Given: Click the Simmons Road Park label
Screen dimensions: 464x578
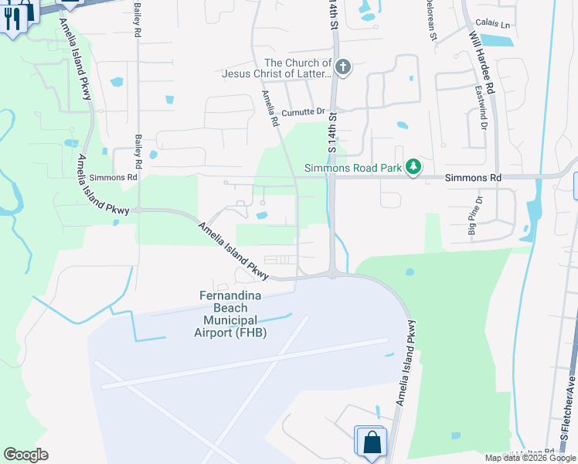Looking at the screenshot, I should coord(354,167).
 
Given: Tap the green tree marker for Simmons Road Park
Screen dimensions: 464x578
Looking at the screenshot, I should coord(414,167).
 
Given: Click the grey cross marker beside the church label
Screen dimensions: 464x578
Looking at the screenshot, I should coord(343,68).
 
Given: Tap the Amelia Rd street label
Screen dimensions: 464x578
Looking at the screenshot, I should coord(269,107).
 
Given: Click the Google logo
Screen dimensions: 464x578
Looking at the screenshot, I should coord(25,455).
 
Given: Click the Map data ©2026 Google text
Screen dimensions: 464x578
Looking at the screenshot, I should coord(530,458).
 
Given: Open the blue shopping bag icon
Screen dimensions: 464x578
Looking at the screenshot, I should coord(372,442).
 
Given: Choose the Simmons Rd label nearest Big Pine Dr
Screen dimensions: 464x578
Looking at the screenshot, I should coord(474,178).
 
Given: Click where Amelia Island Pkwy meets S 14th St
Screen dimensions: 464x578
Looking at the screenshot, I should coord(333,273).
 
